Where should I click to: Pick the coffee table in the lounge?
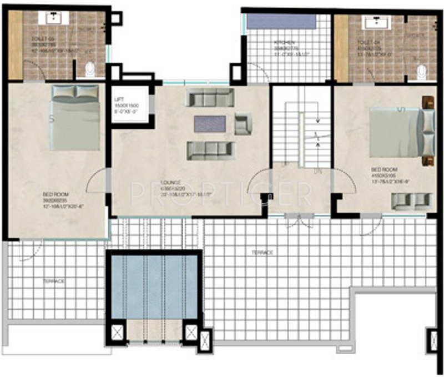209,123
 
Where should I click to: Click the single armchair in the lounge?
243,123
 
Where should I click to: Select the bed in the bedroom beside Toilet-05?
75,117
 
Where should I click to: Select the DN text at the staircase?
318,172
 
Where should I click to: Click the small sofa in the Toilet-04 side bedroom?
412,200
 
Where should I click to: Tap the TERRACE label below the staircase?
263,252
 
